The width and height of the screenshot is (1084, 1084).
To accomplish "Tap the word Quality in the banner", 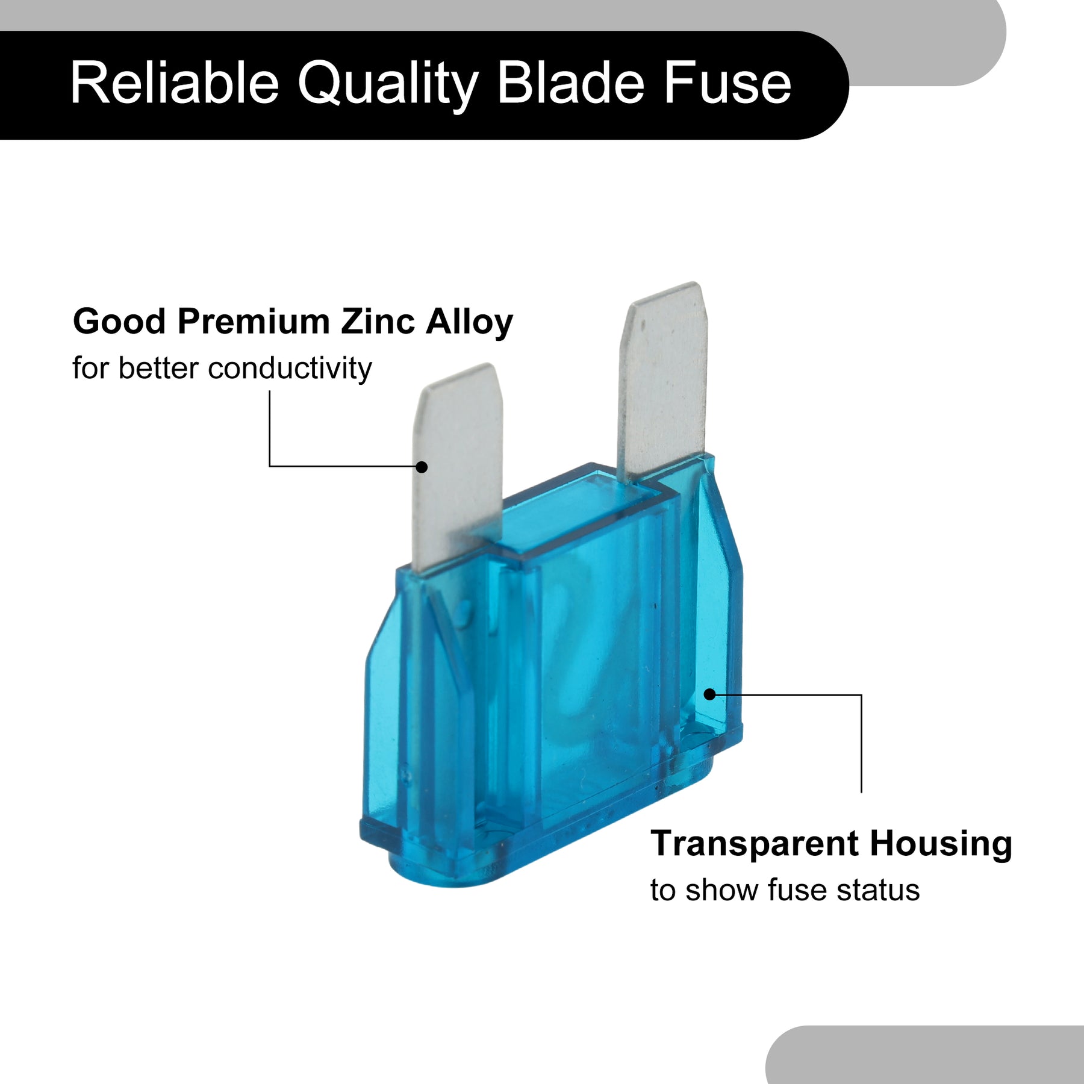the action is coord(388,86).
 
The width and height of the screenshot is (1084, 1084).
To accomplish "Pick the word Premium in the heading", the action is coord(254,321).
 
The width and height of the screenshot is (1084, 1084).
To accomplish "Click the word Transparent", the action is coord(755,843).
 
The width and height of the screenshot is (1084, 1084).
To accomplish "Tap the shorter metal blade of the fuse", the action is coord(458,464).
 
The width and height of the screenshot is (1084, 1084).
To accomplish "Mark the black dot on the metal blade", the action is coord(422,467).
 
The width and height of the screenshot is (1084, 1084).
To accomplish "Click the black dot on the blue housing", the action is coord(710,694).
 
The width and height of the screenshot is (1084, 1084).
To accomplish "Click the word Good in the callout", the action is coord(119,321).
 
